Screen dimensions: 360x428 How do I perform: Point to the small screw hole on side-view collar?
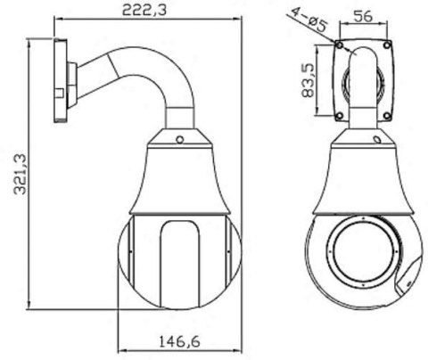[179, 138]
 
